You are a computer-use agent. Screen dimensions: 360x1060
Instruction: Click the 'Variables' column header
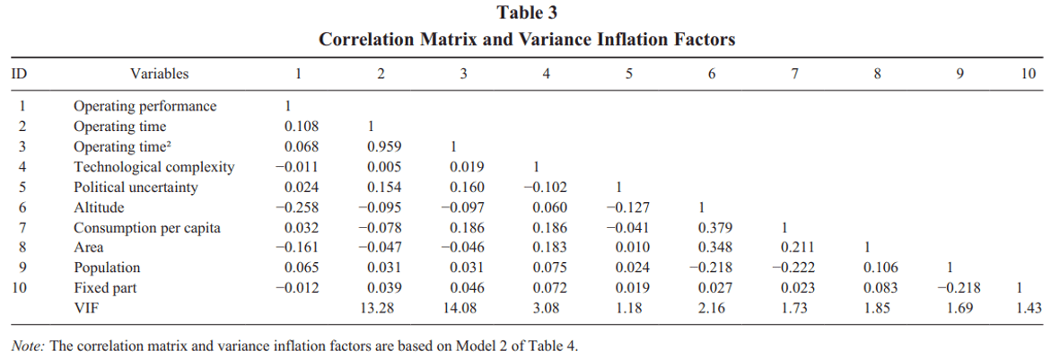(x=159, y=74)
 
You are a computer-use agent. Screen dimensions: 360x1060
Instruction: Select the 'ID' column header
(x=18, y=74)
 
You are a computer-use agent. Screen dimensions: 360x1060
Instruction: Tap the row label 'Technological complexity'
(x=153, y=167)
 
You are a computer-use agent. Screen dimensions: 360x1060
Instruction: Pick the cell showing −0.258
(x=298, y=207)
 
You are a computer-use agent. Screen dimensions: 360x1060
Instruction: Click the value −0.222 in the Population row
(x=794, y=268)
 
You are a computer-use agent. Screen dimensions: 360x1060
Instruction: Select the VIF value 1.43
(x=1029, y=308)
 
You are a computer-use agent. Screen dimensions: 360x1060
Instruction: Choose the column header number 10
(x=1029, y=74)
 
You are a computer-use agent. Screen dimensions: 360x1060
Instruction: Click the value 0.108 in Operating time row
(x=301, y=127)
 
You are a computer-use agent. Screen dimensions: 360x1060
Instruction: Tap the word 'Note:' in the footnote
(x=29, y=346)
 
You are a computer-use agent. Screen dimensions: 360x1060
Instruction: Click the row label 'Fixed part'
(x=105, y=288)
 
